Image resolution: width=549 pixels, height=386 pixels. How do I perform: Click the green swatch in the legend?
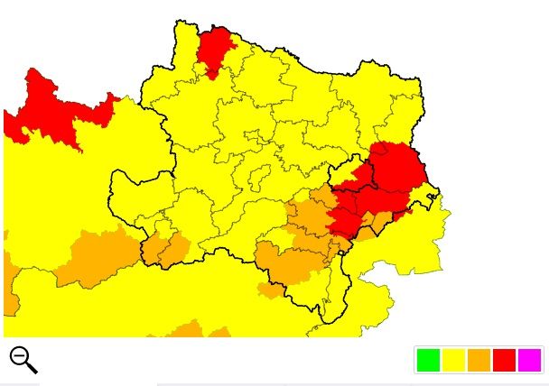coord(428,360)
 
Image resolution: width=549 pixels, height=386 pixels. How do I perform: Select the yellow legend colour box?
coord(453,360)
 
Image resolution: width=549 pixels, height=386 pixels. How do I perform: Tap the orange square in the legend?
coord(479,360)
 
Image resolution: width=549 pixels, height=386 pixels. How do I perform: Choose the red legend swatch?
coord(504,360)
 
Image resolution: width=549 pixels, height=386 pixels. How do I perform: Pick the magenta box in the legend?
coord(529,360)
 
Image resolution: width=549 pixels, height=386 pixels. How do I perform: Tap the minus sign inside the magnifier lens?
coord(19,354)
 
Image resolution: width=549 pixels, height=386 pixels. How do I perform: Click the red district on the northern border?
coord(215,49)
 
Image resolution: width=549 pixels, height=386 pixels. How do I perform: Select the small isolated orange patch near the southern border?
coord(270,290)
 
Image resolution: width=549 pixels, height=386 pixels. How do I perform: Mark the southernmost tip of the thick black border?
coord(324,321)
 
